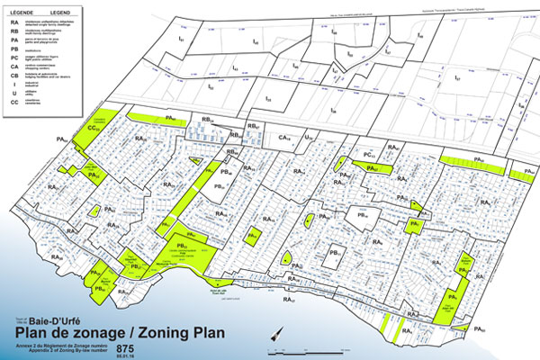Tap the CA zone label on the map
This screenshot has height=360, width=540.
coord(286,138)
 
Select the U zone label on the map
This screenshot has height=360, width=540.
coord(309,138)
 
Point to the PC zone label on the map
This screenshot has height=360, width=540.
coord(369,155)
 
